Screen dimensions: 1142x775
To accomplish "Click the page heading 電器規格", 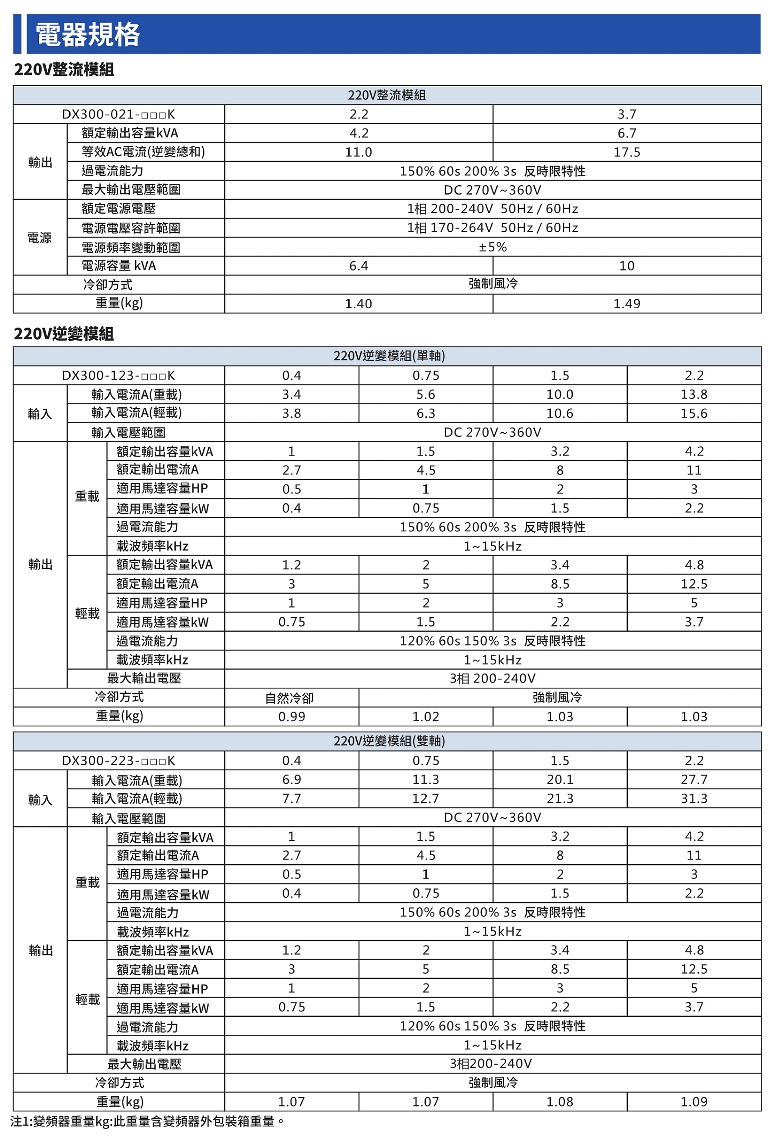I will pyautogui.click(x=88, y=34).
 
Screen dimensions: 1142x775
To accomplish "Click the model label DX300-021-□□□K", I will pyautogui.click(x=118, y=115).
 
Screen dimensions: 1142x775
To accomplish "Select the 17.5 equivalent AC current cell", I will pyautogui.click(x=626, y=152).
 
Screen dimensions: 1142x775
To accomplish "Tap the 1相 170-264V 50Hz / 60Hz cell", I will pyautogui.click(x=493, y=228).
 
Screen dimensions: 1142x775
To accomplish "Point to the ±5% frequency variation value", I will pyautogui.click(x=493, y=247).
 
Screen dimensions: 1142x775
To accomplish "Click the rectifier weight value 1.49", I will pyautogui.click(x=626, y=304).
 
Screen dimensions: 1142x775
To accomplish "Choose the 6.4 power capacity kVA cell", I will pyautogui.click(x=358, y=266).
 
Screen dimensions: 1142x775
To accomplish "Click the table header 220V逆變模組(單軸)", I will pyautogui.click(x=389, y=356).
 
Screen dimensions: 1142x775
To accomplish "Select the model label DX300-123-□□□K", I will pyautogui.click(x=118, y=375).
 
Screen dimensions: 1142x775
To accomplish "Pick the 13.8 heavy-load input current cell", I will pyautogui.click(x=694, y=394).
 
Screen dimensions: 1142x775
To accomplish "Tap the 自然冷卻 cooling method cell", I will pyautogui.click(x=291, y=698).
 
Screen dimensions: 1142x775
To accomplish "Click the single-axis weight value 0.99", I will pyautogui.click(x=291, y=717).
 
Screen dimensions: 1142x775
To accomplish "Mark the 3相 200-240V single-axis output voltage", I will pyautogui.click(x=493, y=679).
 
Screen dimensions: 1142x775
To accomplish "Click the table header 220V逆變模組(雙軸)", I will pyautogui.click(x=389, y=741).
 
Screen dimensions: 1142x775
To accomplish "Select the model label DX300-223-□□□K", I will pyautogui.click(x=118, y=760).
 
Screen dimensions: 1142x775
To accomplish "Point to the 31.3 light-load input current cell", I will pyautogui.click(x=694, y=798).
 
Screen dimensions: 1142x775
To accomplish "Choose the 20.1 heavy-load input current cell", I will pyautogui.click(x=560, y=780).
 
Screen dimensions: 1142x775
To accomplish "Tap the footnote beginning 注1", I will pyautogui.click(x=147, y=1121).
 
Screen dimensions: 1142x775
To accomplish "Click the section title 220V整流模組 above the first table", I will pyautogui.click(x=64, y=70).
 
